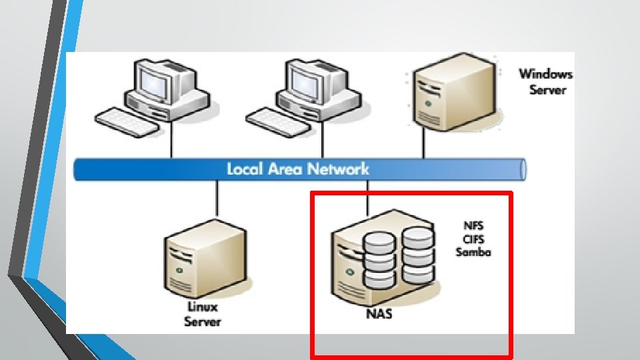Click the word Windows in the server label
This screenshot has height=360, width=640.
point(545,75)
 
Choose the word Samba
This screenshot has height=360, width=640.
point(473,251)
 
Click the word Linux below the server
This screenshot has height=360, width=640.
point(202,308)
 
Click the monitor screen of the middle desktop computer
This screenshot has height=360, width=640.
point(309,79)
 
